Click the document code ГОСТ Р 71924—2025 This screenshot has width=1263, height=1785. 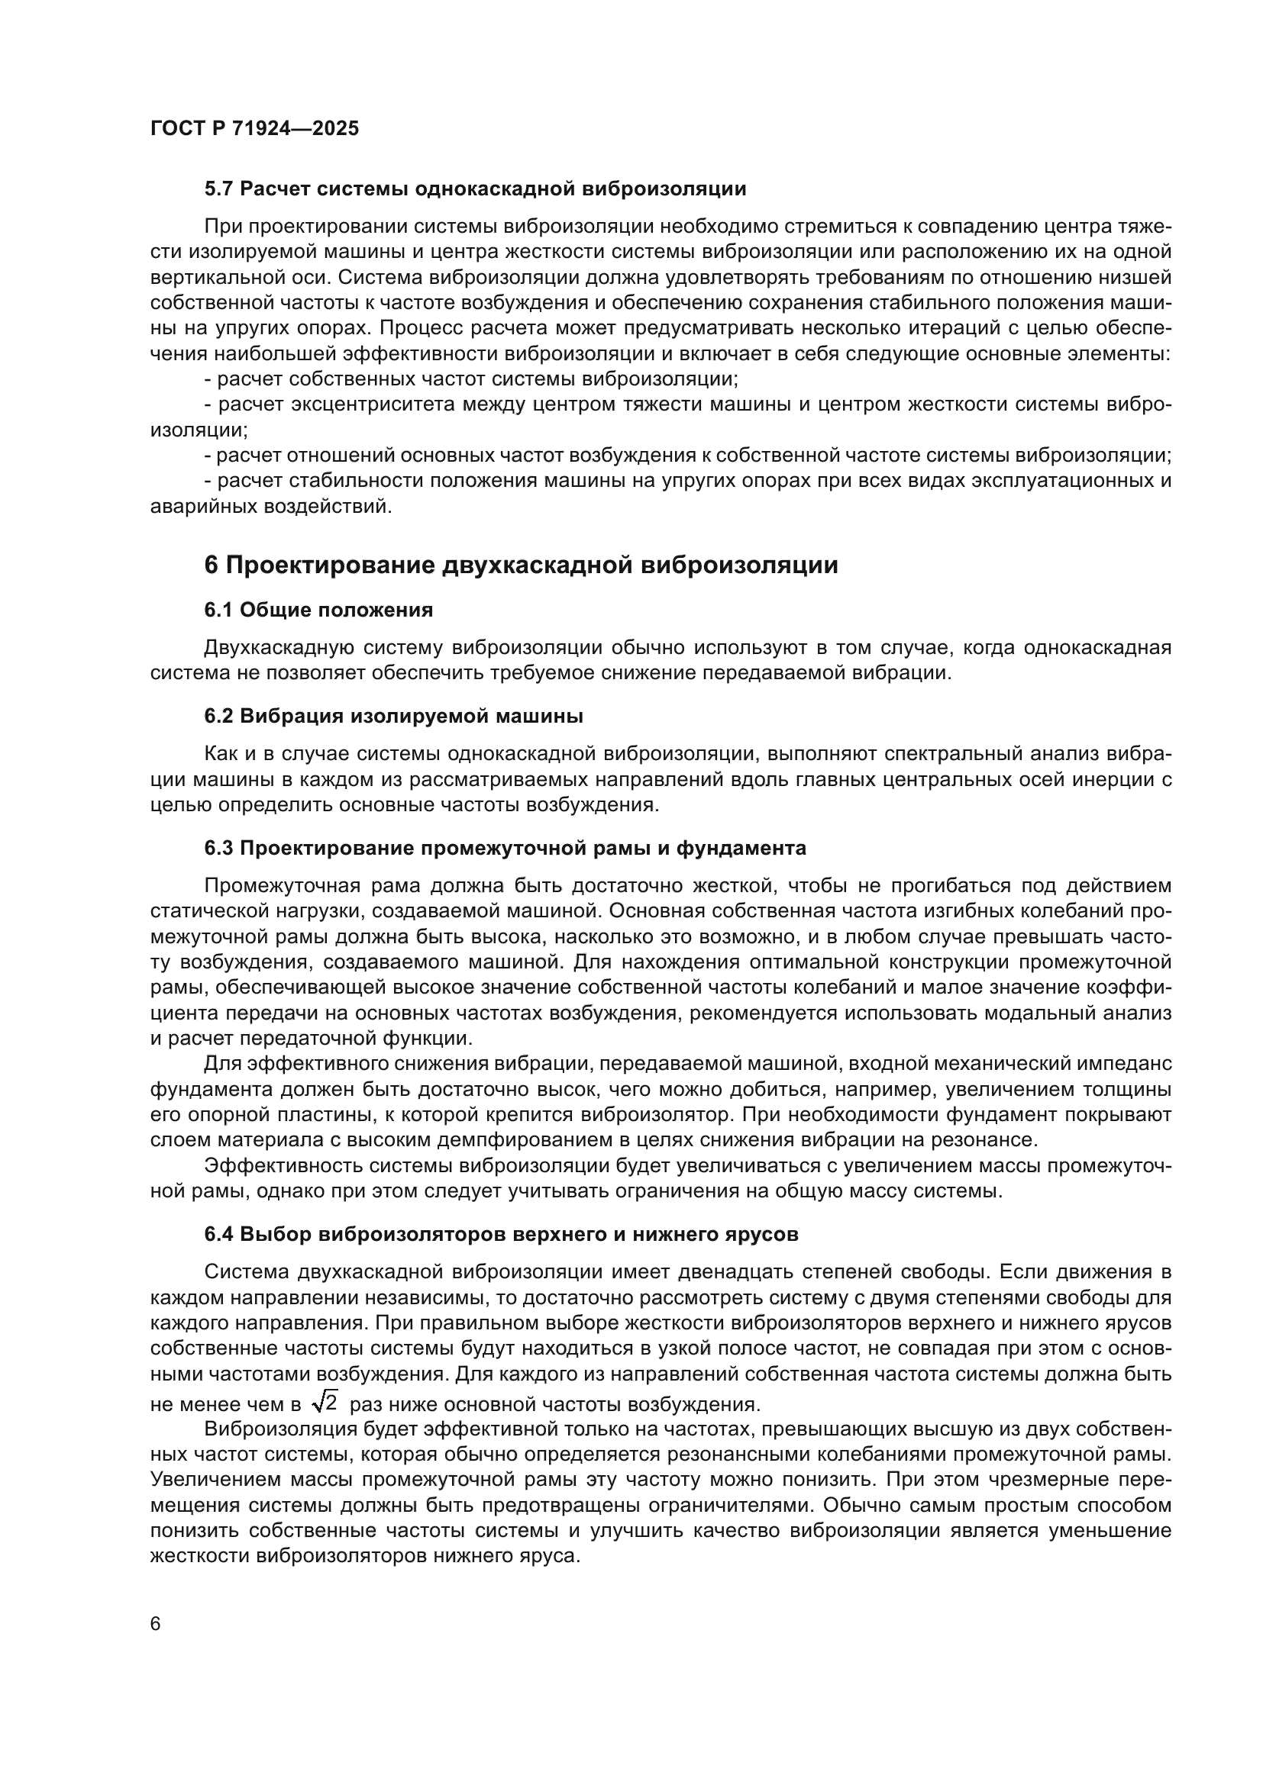(x=254, y=128)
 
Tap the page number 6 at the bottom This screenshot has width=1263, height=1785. (x=156, y=1624)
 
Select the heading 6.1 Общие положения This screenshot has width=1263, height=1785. (x=318, y=611)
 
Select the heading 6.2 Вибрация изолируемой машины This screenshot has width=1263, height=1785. (x=393, y=716)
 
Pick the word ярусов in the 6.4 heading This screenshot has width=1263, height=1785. (x=766, y=1234)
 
